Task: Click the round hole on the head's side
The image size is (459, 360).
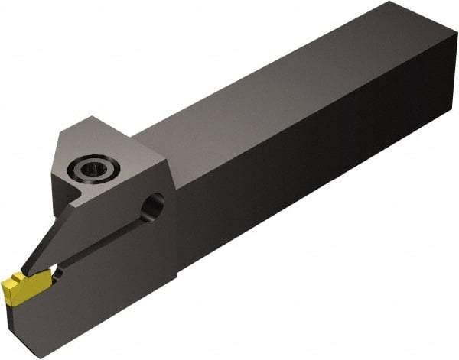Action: point(153,206)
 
